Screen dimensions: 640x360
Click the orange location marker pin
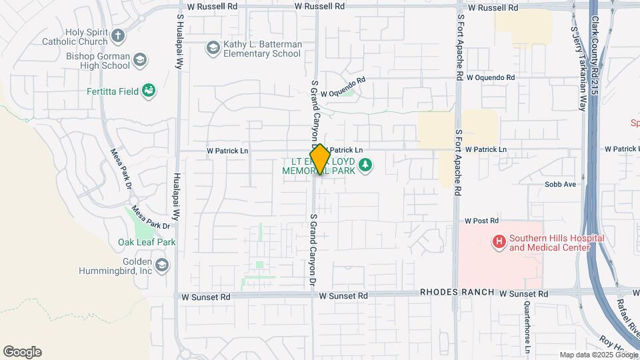pos(320,159)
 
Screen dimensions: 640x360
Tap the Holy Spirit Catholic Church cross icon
pos(117,36)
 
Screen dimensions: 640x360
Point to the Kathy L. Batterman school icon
pos(213,48)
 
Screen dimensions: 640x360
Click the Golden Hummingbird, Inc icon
pos(162,266)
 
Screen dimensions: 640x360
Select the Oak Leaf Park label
pos(147,242)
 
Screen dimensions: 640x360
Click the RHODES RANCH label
pos(457,293)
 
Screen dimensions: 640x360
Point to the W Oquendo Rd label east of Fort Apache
pos(491,77)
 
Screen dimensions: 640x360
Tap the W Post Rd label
pos(481,220)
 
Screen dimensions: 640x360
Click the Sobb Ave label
pos(559,184)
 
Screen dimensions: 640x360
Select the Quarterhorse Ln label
pos(527,327)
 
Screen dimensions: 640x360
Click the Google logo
pos(22,352)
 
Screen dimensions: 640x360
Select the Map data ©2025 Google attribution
pos(598,355)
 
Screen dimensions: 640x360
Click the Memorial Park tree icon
pos(365,164)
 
